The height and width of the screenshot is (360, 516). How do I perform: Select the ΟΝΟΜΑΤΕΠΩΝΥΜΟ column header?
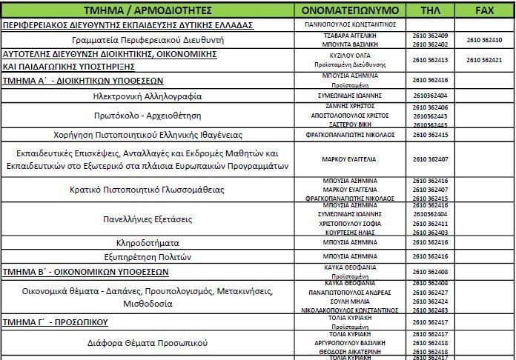[351, 11]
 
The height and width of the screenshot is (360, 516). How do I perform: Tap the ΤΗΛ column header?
[430, 11]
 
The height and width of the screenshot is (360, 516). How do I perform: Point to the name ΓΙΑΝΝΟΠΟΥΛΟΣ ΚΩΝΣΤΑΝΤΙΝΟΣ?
[351, 24]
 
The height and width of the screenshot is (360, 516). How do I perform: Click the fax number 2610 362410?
[484, 39]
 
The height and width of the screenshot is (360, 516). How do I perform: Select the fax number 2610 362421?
[484, 60]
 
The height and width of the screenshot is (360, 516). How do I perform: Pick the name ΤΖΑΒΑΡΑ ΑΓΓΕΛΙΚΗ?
[351, 36]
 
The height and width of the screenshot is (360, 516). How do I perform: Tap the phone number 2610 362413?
[430, 60]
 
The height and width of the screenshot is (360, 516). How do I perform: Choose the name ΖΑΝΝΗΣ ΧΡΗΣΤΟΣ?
[351, 107]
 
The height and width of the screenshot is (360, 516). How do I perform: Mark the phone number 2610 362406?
[430, 107]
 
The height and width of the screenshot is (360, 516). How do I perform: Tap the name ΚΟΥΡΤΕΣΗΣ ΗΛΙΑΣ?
[351, 233]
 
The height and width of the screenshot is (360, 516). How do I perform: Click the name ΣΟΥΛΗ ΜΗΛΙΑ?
[351, 301]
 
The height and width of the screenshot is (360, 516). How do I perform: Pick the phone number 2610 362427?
[430, 293]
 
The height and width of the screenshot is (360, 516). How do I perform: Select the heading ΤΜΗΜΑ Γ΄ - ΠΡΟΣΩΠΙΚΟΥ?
[56, 323]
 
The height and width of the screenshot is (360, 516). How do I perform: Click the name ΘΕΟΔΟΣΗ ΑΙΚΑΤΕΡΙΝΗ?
[351, 352]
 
